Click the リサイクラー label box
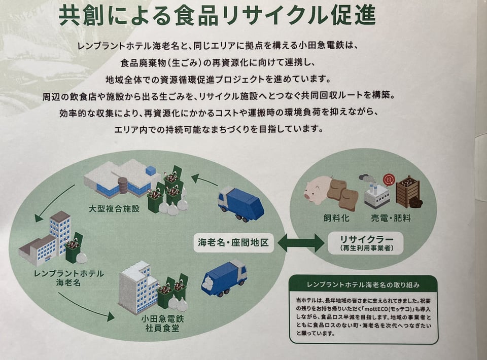click(365, 242)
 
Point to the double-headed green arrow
click(301, 243)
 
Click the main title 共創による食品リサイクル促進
click(217, 16)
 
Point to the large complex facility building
click(121, 178)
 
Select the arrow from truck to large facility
click(204, 179)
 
